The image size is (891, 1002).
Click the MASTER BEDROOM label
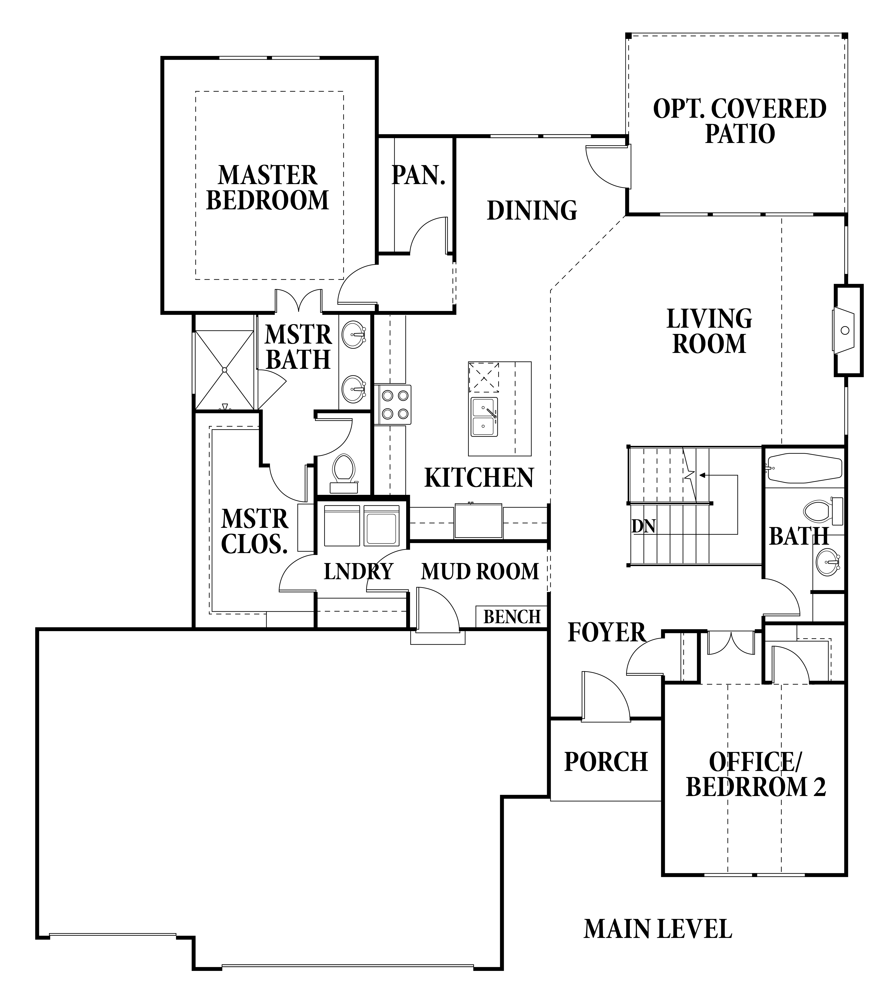pyautogui.click(x=268, y=188)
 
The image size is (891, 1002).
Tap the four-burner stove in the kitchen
pyautogui.click(x=393, y=404)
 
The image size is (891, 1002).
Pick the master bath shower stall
pyautogui.click(x=224, y=370)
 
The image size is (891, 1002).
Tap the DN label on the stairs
pyautogui.click(x=644, y=526)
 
